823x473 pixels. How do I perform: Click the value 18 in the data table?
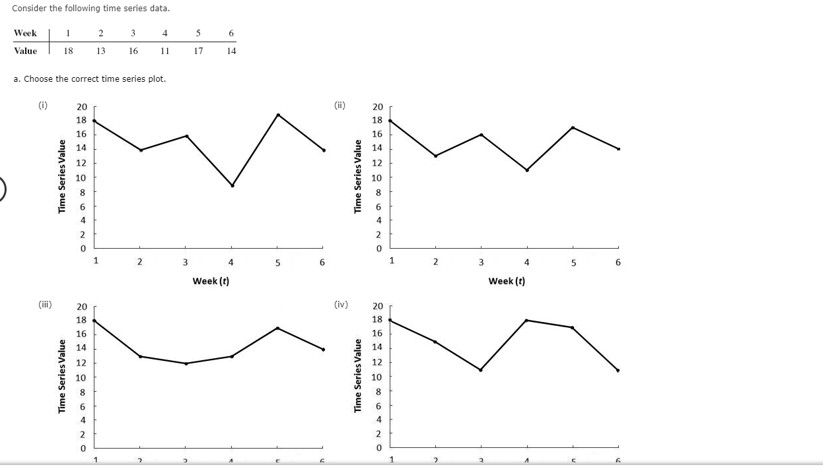click(x=68, y=51)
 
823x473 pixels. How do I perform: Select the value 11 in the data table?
click(x=165, y=51)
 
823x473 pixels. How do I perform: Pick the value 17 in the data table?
click(x=198, y=51)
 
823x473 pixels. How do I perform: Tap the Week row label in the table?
click(x=25, y=33)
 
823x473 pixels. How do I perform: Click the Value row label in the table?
click(x=25, y=51)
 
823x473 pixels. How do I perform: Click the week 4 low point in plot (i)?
click(x=232, y=185)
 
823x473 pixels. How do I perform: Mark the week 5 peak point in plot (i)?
click(x=278, y=115)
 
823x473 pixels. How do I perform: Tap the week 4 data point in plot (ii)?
click(x=527, y=170)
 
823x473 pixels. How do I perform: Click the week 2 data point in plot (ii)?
click(x=436, y=156)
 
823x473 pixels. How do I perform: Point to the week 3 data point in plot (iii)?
click(x=186, y=363)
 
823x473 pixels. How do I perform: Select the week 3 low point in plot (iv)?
click(x=480, y=370)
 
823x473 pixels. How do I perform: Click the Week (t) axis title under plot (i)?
click(x=211, y=281)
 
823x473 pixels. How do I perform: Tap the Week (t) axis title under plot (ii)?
click(x=507, y=281)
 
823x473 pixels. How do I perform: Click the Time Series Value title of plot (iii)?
click(x=62, y=376)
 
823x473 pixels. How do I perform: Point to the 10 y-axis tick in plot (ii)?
click(x=377, y=177)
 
